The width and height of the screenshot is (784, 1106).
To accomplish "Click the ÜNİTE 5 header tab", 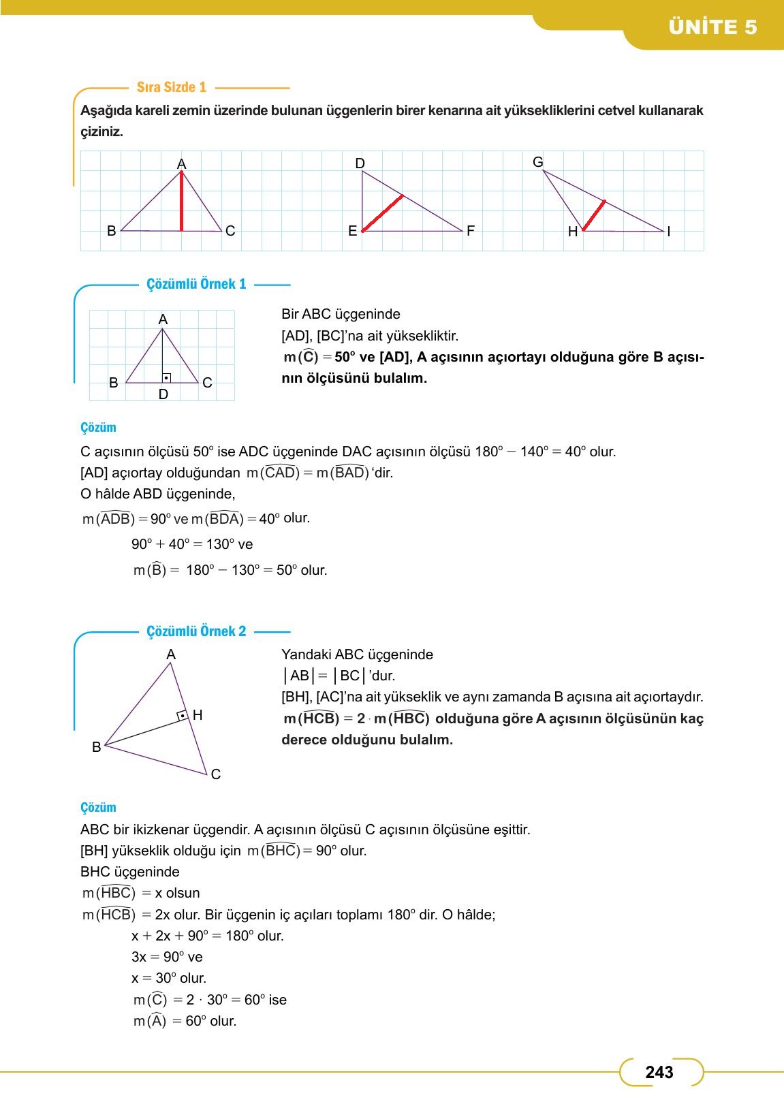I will click(x=712, y=27).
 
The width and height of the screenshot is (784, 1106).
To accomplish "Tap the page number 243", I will click(x=659, y=1072).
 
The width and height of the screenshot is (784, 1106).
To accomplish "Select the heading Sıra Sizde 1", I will click(x=171, y=87).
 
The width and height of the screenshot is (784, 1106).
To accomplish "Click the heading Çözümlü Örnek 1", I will click(x=196, y=284).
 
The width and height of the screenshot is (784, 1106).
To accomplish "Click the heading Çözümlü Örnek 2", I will click(x=196, y=631).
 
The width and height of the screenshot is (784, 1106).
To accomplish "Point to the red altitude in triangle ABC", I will click(x=181, y=202).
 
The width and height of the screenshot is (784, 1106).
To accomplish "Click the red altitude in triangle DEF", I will click(x=382, y=213).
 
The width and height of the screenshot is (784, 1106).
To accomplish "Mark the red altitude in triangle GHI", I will click(x=593, y=216).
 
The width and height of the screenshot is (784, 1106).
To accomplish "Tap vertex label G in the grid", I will click(x=537, y=162).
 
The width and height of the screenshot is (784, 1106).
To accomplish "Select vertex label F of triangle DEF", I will click(x=470, y=231).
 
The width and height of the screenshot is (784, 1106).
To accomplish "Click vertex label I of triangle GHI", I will click(x=669, y=232).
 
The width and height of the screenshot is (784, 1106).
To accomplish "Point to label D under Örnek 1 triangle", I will click(x=163, y=394).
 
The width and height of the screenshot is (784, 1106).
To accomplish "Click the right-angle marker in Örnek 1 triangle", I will click(x=166, y=377).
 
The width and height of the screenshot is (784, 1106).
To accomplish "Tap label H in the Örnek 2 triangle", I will click(x=198, y=715).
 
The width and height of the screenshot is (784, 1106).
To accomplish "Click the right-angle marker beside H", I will click(x=183, y=716).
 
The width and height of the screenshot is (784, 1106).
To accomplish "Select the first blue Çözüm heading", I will click(x=98, y=428).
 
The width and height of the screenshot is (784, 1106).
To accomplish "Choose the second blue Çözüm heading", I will click(x=98, y=808).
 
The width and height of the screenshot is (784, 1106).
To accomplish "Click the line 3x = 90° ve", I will click(x=167, y=957).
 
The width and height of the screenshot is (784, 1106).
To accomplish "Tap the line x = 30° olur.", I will click(x=168, y=978).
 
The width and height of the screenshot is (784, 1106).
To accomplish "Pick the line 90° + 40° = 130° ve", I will click(x=191, y=544).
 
